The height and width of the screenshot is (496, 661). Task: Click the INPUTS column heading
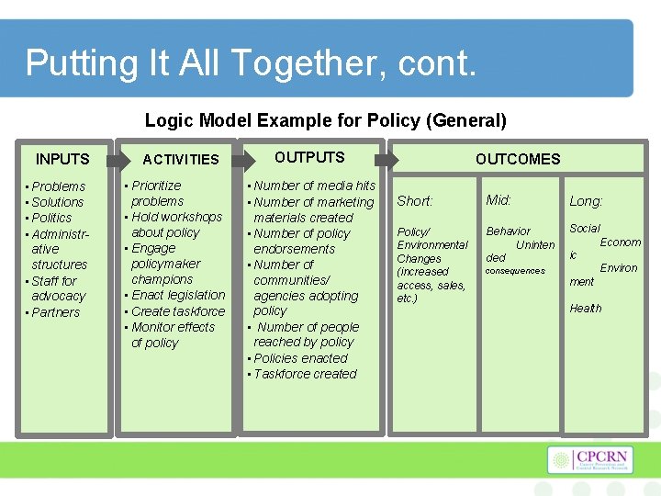pos(62,159)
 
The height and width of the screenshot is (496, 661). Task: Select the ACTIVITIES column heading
pos(181,160)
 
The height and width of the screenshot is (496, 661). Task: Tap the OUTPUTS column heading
pos(309,157)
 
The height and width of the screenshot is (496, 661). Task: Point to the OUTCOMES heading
pos(518,159)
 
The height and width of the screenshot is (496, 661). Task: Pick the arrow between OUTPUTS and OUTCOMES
pos(387,160)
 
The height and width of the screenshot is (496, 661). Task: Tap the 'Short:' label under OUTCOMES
pos(414,201)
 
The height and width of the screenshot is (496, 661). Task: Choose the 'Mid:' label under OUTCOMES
pos(499,200)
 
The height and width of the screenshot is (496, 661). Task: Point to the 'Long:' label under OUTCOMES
pos(586,201)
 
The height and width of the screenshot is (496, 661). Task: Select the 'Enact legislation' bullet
pos(178,295)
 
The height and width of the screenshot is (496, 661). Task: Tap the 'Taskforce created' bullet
pos(304,374)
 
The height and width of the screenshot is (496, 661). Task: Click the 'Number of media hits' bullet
pos(314,186)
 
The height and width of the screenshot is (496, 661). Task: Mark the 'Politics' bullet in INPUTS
pos(51,218)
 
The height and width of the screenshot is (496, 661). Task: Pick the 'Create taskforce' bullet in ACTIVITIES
pos(178,311)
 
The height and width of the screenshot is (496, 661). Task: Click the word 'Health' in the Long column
pos(586,309)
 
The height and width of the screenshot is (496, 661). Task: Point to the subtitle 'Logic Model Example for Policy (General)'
pos(326,120)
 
